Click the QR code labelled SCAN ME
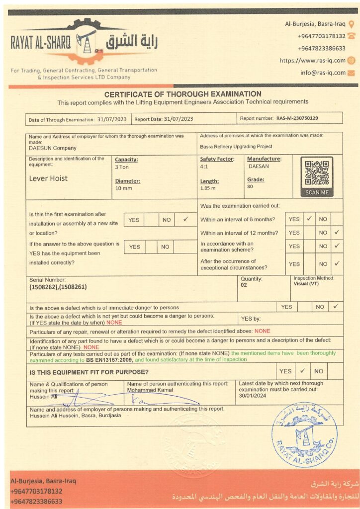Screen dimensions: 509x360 pyautogui.click(x=317, y=173)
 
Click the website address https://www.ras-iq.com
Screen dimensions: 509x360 pyautogui.click(x=312, y=61)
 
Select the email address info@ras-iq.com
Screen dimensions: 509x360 pyautogui.click(x=323, y=73)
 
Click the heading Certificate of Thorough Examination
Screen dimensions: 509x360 pyautogui.click(x=182, y=94)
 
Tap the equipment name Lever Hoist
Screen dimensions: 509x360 pyautogui.click(x=48, y=178)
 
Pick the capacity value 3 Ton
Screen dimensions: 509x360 pyautogui.click(x=122, y=168)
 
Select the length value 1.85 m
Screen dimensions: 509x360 pyautogui.click(x=208, y=188)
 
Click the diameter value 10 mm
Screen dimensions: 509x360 pyautogui.click(x=123, y=189)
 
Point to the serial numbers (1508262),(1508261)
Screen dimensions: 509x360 pyautogui.click(x=58, y=287)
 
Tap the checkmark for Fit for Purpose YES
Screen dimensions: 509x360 pyautogui.click(x=302, y=370)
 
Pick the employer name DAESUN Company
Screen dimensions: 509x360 pyautogui.click(x=53, y=148)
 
